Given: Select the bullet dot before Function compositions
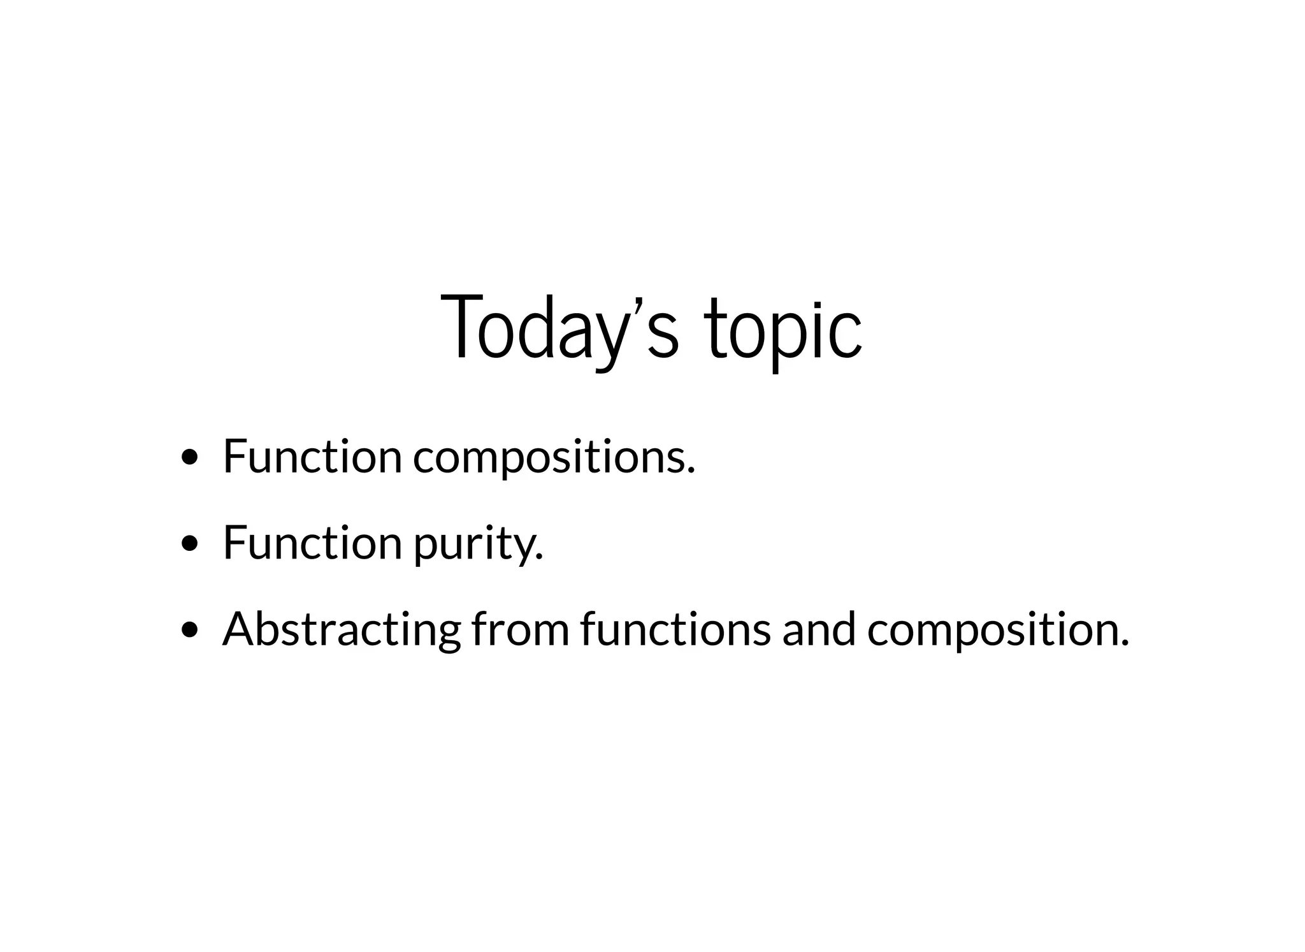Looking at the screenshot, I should pos(189,457).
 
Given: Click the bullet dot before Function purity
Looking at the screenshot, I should pos(189,543).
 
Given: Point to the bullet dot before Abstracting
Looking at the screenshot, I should pos(189,630).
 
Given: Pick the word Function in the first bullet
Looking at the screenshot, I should pos(312,457).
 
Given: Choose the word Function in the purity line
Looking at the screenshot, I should pos(312,543).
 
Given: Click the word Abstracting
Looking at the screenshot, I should pos(341,630).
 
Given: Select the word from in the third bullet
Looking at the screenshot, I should pos(520,630).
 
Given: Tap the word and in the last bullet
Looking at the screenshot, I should pos(819,630).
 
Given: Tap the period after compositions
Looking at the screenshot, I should pos(691,471).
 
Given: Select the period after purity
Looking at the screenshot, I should pos(540,558).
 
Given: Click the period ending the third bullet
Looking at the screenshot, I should pos(1124,644).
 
